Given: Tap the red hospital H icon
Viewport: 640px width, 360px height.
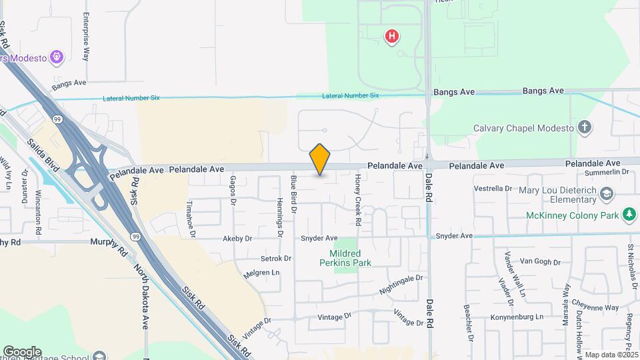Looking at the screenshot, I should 393,36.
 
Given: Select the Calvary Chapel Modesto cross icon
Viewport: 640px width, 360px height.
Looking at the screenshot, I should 585,127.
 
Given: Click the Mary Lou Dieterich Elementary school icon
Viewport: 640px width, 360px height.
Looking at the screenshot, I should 607,194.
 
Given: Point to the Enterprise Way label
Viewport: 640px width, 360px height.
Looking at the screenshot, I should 86,37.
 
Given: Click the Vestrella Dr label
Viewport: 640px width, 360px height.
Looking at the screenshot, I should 492,189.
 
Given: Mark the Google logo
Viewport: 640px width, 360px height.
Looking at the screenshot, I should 22,351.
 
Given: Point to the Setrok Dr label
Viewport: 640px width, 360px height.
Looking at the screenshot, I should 276,258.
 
